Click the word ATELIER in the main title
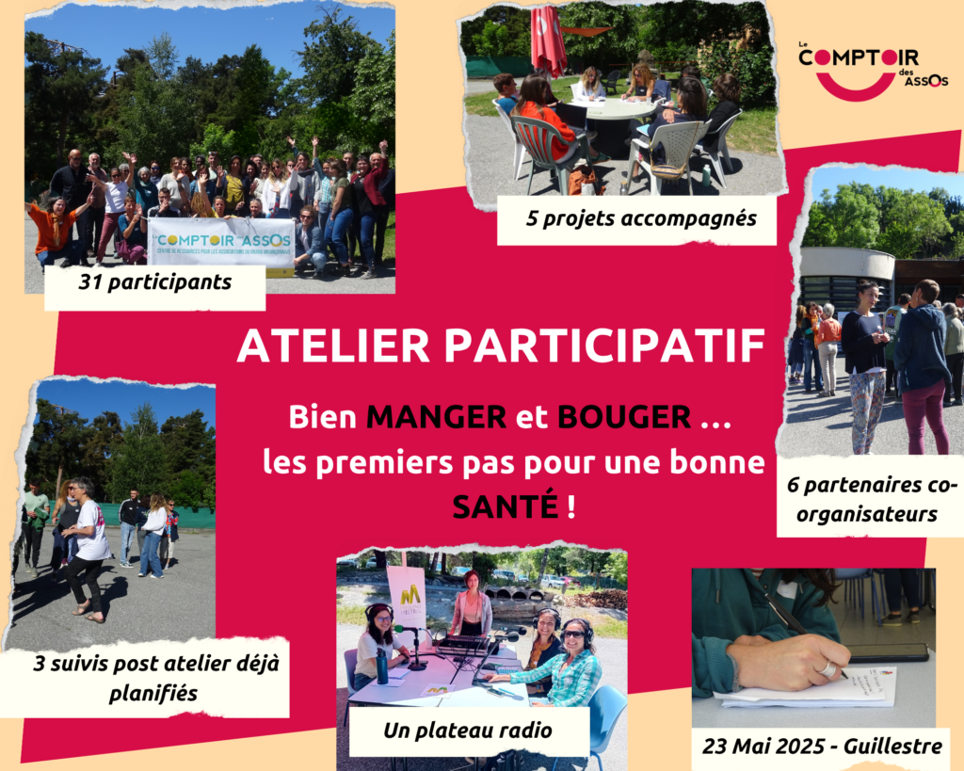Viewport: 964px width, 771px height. click(333, 345)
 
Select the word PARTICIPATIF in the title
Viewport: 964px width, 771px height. click(605, 345)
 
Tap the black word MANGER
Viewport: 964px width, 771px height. click(436, 417)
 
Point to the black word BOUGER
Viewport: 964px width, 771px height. click(624, 417)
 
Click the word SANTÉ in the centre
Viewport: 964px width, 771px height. click(505, 506)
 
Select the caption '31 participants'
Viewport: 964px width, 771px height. click(155, 282)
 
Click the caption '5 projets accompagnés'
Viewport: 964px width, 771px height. click(641, 218)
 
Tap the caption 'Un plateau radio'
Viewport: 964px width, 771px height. click(467, 731)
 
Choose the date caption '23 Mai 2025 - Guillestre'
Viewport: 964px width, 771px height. click(822, 747)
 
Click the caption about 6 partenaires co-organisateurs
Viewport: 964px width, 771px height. click(868, 499)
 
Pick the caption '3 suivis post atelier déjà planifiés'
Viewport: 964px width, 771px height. click(155, 679)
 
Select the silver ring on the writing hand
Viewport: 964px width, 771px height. click(828, 669)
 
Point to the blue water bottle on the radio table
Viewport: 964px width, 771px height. click(382, 666)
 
